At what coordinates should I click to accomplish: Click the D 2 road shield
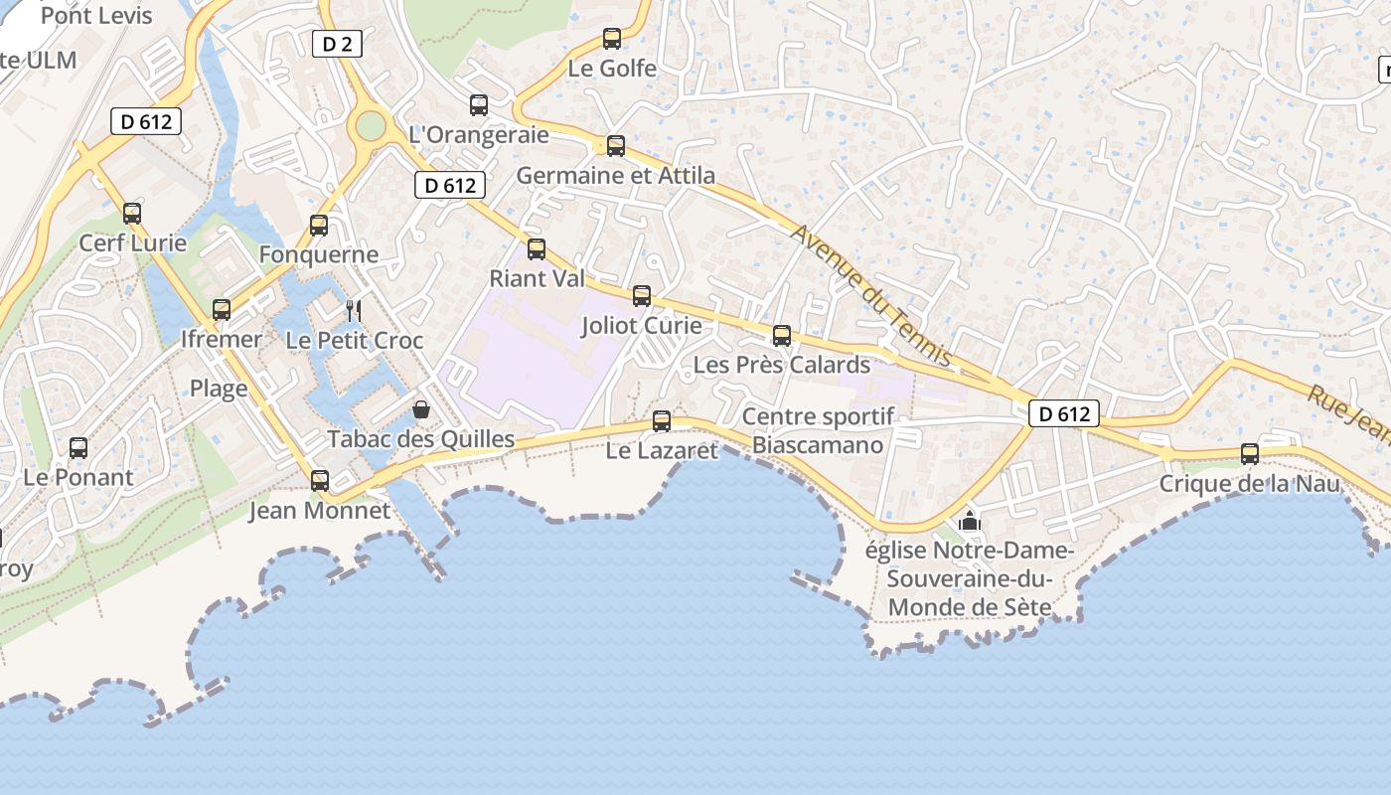pyautogui.click(x=337, y=44)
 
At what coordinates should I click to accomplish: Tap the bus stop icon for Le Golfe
pyautogui.click(x=612, y=39)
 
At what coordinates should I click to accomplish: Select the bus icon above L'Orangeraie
pyautogui.click(x=479, y=105)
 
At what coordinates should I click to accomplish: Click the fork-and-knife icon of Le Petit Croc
pyautogui.click(x=353, y=311)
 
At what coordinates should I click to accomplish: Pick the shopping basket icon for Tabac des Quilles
pyautogui.click(x=421, y=409)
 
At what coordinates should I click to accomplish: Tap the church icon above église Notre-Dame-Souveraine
pyautogui.click(x=969, y=522)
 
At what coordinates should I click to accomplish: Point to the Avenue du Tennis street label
pyautogui.click(x=872, y=294)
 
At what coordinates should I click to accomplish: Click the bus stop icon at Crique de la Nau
pyautogui.click(x=1250, y=454)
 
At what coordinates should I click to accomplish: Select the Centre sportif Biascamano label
pyautogui.click(x=818, y=430)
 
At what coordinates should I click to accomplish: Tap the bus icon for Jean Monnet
pyautogui.click(x=320, y=481)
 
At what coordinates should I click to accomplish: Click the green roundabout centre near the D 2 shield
pyautogui.click(x=370, y=126)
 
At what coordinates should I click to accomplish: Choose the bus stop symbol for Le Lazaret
pyautogui.click(x=662, y=421)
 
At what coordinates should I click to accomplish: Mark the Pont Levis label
pyautogui.click(x=96, y=16)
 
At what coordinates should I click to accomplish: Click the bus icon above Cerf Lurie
pyautogui.click(x=132, y=214)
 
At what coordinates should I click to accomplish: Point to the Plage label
pyautogui.click(x=219, y=389)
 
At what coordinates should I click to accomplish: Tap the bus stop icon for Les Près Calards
pyautogui.click(x=782, y=336)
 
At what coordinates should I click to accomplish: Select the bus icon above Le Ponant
pyautogui.click(x=78, y=448)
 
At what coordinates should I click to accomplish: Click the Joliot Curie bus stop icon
pyautogui.click(x=642, y=296)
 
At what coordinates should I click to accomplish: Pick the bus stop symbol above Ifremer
pyautogui.click(x=222, y=310)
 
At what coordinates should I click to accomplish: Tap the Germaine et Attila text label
pyautogui.click(x=616, y=176)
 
